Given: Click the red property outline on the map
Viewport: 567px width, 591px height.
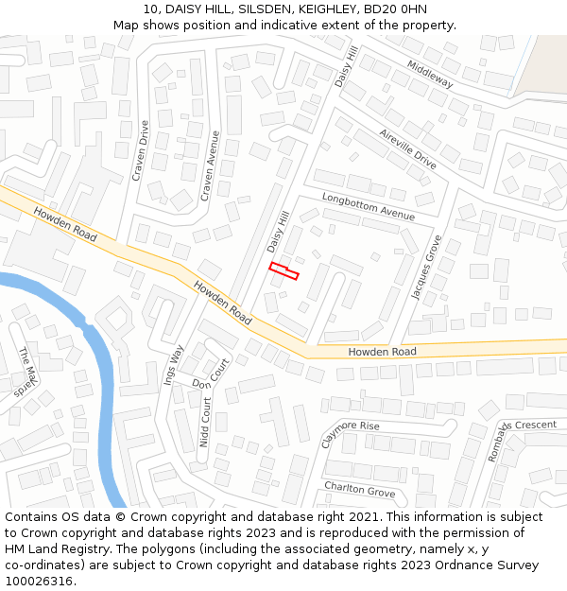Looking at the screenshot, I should (x=283, y=271).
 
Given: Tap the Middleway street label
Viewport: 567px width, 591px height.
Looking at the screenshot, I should (x=430, y=75).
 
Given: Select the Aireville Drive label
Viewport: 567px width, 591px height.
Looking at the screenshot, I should (x=406, y=148).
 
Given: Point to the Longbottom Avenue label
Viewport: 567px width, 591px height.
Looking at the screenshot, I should (x=368, y=205).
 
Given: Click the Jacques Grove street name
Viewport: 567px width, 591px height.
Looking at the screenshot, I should (x=425, y=268).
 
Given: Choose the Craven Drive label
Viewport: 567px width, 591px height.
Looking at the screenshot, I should (x=142, y=150).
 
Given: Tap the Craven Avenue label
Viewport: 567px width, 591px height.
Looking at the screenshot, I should (x=210, y=165).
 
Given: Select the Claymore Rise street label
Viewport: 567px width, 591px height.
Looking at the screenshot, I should (x=351, y=433).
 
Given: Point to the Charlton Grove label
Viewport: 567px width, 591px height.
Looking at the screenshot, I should (x=359, y=490).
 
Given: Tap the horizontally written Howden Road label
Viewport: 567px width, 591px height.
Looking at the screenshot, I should (x=382, y=352).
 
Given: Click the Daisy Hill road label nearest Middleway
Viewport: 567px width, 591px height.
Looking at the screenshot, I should (x=346, y=65).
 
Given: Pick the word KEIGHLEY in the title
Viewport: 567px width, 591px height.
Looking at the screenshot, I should (x=318, y=9).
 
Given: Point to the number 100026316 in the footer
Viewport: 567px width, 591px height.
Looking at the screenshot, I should (x=37, y=581).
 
